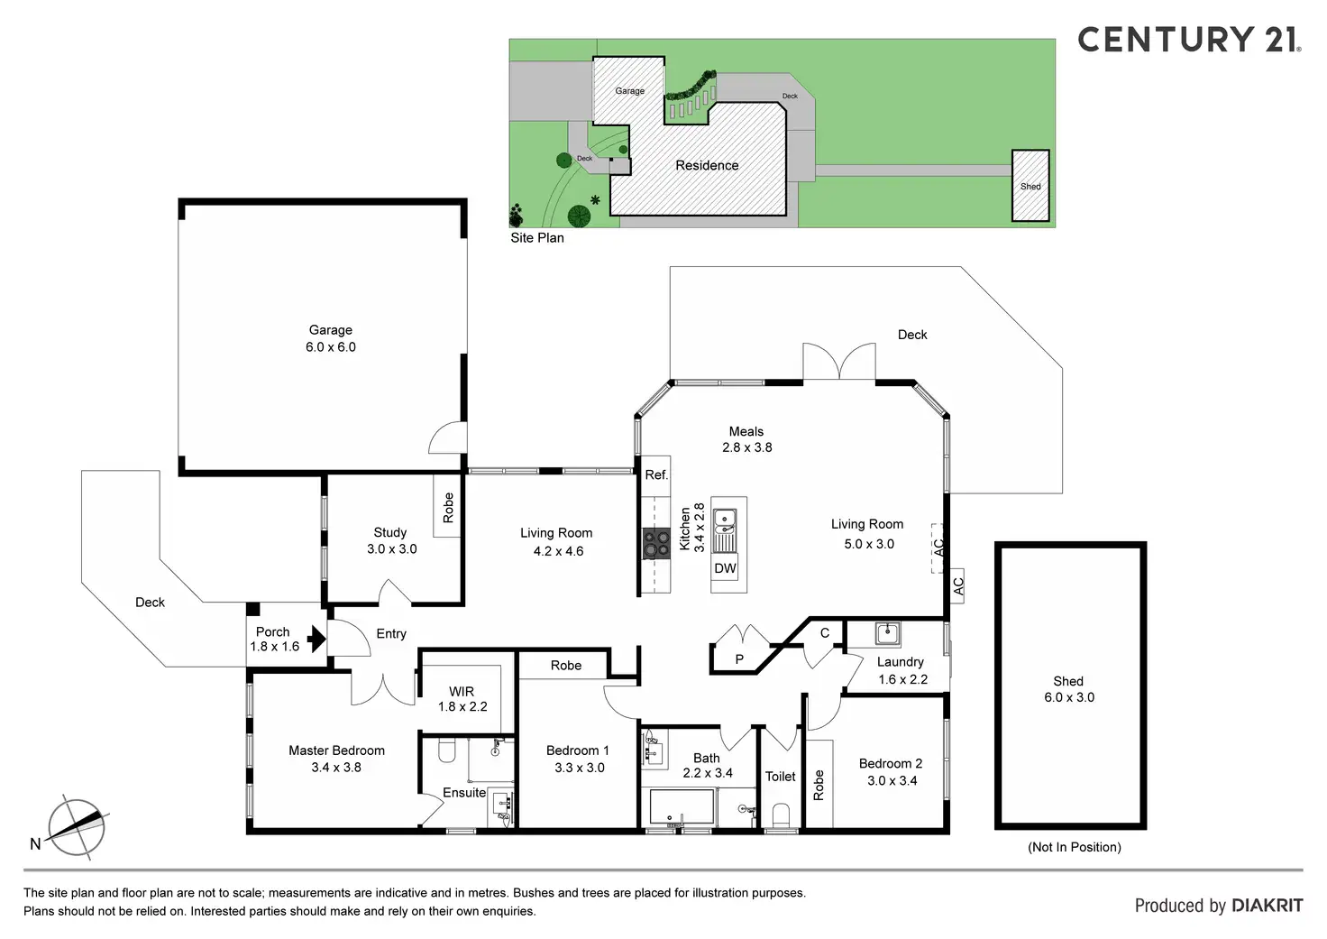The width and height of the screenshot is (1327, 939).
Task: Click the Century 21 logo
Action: (x=1188, y=40)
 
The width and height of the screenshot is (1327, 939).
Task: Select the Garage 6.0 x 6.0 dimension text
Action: (x=331, y=347)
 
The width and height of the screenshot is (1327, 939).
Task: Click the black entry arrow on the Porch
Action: (x=316, y=639)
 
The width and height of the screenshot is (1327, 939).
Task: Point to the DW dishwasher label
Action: (x=725, y=568)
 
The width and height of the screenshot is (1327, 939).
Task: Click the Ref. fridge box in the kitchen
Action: (x=656, y=474)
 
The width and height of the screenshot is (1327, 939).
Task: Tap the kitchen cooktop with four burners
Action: (x=655, y=544)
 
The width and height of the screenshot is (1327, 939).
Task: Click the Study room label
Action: (x=390, y=532)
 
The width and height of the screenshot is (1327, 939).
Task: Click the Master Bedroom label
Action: (x=336, y=750)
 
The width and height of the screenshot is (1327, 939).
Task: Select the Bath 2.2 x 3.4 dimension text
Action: (x=708, y=773)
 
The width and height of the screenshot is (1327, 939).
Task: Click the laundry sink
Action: (x=887, y=633)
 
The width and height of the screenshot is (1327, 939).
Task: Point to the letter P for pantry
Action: (x=739, y=659)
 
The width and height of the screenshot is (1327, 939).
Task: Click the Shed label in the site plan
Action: (x=1030, y=187)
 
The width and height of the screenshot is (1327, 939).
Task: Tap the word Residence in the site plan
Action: (x=707, y=166)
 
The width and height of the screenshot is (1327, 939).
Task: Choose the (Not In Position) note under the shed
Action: (x=1075, y=847)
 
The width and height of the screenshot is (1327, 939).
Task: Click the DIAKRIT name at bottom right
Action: (x=1267, y=906)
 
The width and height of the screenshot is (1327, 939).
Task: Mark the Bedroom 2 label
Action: (x=891, y=764)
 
